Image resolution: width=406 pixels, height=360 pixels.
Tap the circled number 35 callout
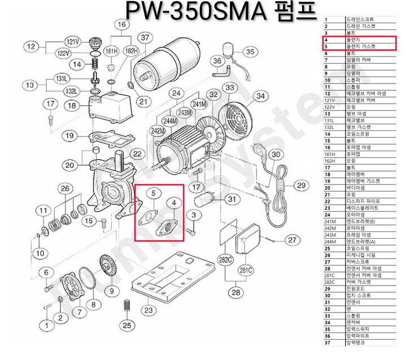[249, 52]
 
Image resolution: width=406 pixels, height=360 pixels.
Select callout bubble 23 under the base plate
[148, 310]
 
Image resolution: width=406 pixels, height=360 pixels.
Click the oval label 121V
[74, 42]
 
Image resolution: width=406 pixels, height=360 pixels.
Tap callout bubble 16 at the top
[121, 24]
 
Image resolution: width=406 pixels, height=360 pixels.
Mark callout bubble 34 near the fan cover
[260, 96]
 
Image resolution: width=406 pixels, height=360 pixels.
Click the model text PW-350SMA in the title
[198, 12]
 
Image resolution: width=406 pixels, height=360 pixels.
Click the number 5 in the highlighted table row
[326, 47]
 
